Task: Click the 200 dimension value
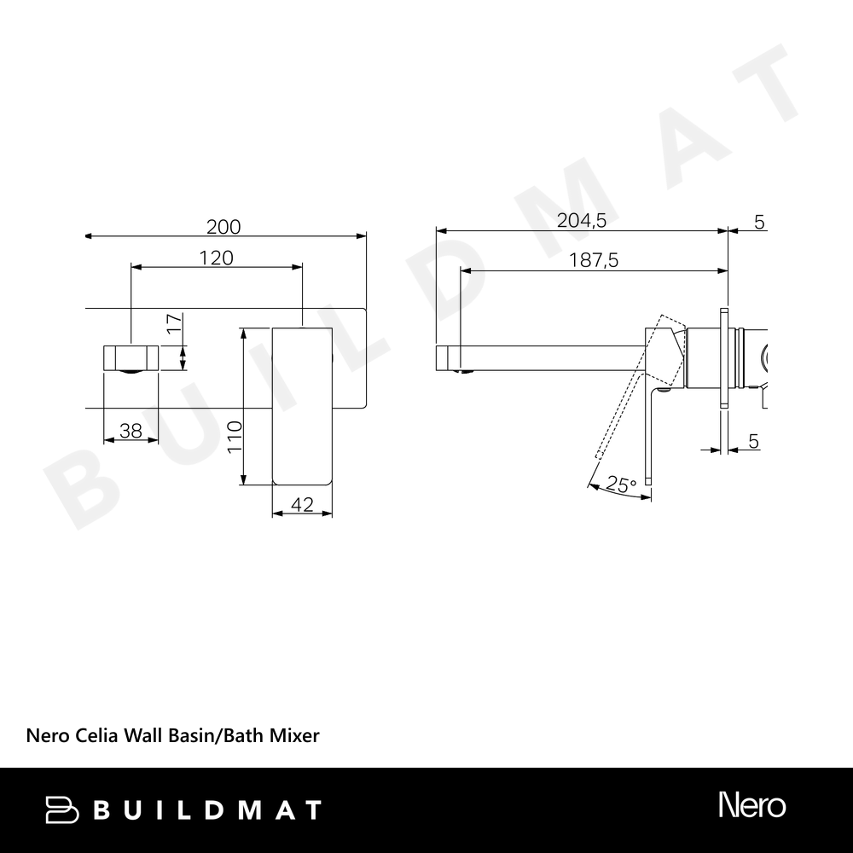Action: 223,227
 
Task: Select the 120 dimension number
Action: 216,258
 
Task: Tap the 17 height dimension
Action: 174,323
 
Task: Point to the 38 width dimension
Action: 131,431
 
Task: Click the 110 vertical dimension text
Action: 235,436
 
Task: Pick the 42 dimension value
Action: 302,505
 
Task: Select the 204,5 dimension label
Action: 582,220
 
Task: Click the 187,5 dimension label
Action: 594,260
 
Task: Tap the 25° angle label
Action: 621,484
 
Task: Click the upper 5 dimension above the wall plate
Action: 759,222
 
